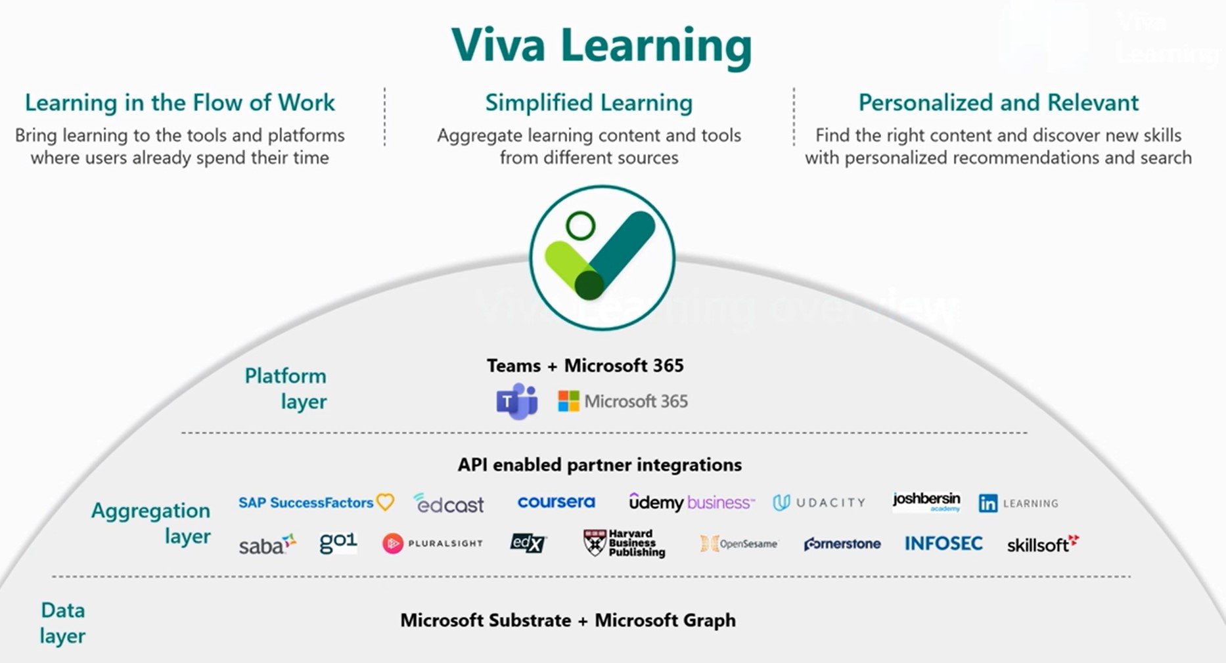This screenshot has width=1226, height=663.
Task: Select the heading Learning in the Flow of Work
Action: click(179, 103)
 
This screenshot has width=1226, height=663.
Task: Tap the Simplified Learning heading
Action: click(589, 103)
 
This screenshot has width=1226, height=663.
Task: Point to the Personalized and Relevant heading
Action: click(998, 103)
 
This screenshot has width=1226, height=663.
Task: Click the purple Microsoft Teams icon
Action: click(516, 401)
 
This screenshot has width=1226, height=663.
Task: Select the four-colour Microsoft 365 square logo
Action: click(568, 401)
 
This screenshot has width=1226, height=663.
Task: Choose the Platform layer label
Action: click(286, 388)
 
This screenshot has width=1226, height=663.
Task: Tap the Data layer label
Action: click(63, 622)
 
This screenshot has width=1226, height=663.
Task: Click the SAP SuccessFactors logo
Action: click(315, 503)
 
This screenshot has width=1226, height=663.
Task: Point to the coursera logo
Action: click(556, 502)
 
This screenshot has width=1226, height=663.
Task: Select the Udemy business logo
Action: click(691, 503)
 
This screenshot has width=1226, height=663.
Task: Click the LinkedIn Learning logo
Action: click(1018, 503)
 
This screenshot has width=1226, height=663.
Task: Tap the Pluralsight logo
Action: click(432, 544)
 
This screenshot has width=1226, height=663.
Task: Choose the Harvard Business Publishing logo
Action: click(624, 544)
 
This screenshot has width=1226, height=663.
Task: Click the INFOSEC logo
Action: click(943, 544)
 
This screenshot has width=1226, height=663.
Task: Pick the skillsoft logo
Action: click(1042, 544)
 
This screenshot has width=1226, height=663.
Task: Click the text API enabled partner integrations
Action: click(599, 465)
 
